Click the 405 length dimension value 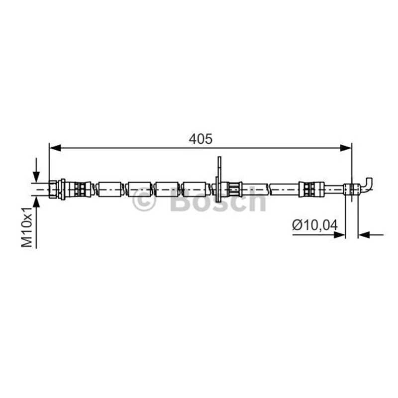click(200, 139)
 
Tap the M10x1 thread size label click(27, 227)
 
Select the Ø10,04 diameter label click(315, 225)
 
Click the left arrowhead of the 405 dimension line click(55, 148)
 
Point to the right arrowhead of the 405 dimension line click(346, 148)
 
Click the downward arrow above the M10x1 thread click(36, 170)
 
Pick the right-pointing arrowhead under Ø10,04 click(339, 235)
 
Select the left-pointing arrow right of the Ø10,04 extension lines click(371, 235)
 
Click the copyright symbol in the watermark click(144, 199)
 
